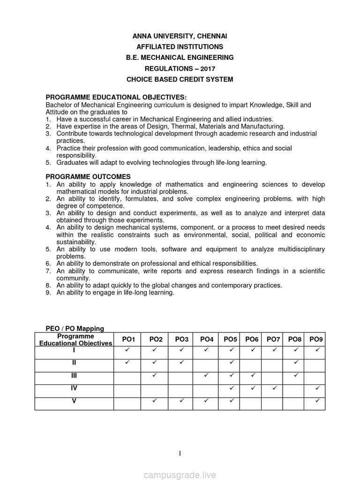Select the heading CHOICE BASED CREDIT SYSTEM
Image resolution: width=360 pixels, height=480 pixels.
point(180,79)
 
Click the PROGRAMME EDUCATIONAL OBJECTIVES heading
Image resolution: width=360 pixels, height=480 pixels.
point(116,97)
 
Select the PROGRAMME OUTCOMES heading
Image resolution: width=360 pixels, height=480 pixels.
point(88,177)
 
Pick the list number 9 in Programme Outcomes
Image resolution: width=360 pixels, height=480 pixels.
point(48,292)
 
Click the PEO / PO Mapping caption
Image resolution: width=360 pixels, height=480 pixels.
point(75,329)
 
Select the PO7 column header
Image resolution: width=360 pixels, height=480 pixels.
point(274,339)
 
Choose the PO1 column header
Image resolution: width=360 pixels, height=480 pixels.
point(128,339)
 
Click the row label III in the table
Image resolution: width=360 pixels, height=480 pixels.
point(74,375)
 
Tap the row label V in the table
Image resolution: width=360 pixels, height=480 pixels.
point(74,401)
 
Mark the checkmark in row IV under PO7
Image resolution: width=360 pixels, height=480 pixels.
point(274,388)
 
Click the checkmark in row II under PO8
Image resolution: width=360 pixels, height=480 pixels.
point(296,363)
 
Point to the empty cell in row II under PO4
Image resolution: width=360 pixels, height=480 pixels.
point(207,363)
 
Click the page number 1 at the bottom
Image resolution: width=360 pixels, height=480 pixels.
point(180,453)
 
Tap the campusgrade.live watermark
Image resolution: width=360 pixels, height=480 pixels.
point(180,475)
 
